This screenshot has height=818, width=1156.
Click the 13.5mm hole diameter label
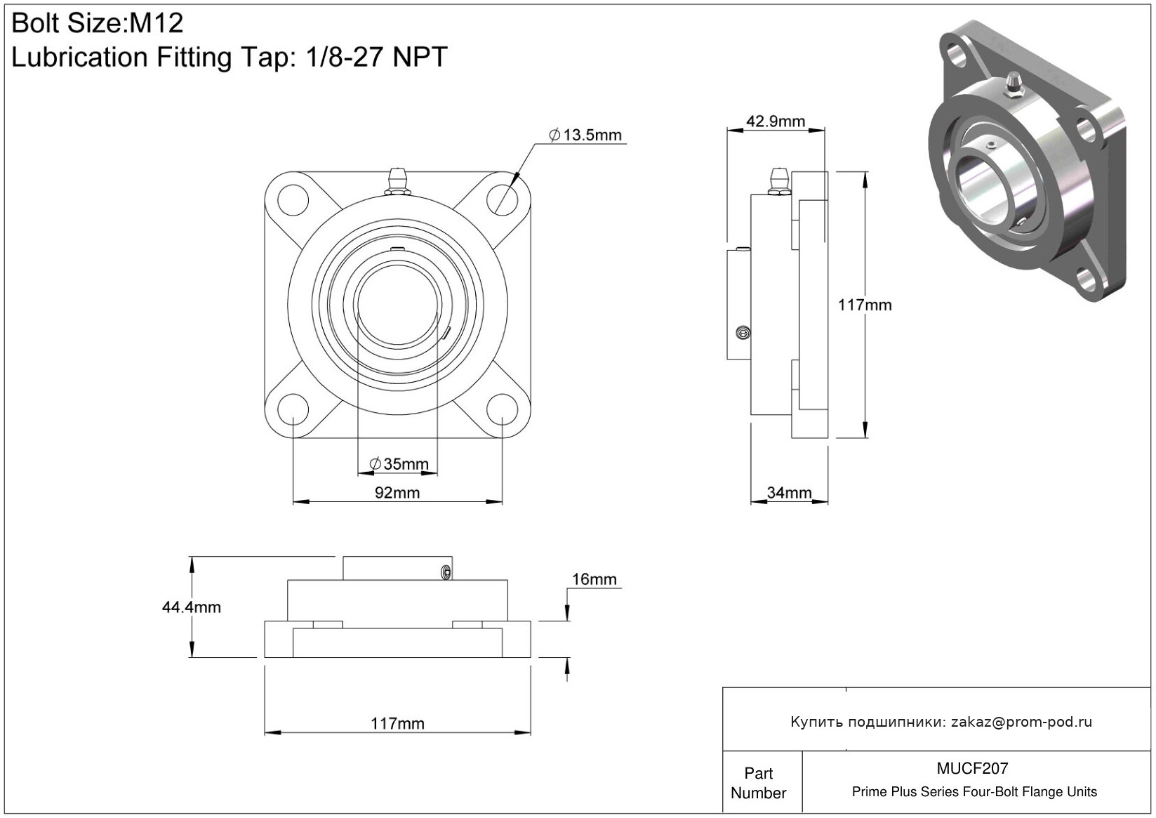click(x=585, y=136)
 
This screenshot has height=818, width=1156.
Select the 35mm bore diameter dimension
click(x=399, y=463)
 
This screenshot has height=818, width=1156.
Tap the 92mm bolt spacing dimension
click(x=397, y=493)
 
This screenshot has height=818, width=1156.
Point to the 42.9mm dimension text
click(x=776, y=121)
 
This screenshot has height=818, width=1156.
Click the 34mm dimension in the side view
click(x=789, y=493)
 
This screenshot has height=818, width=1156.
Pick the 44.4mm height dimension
click(x=192, y=607)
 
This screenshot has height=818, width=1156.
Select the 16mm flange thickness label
click(x=594, y=579)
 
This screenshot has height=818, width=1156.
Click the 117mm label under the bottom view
click(x=397, y=723)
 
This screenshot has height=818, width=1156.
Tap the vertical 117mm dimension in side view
click(x=865, y=305)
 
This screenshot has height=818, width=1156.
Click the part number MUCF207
click(x=972, y=768)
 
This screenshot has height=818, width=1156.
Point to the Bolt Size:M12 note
click(x=98, y=23)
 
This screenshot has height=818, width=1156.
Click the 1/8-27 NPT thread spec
click(x=376, y=57)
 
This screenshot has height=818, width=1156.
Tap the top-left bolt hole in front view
click(x=293, y=200)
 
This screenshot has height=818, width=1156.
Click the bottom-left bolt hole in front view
click(x=293, y=409)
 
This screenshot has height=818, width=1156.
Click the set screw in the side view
click(x=742, y=333)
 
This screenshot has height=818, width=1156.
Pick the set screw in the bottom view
click(x=446, y=572)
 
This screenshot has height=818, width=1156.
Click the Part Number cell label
click(x=758, y=783)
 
